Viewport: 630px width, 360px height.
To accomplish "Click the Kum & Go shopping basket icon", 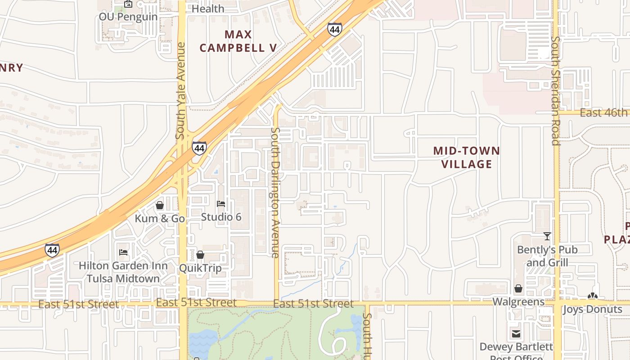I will [160, 206].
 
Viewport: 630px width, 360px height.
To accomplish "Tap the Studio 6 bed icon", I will [221, 204].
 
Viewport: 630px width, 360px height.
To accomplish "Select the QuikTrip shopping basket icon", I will [200, 255].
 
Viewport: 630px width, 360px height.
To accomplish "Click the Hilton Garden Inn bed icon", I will [123, 252].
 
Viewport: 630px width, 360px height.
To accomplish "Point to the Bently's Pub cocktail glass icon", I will [547, 236].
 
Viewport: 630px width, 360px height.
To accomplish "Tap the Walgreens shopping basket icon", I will [518, 288].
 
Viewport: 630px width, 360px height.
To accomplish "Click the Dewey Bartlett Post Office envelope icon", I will [516, 334].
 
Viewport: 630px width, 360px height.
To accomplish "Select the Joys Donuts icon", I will [593, 297].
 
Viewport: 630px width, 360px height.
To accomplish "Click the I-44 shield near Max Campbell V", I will [334, 30].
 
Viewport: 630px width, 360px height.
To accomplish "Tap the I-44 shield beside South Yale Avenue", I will [199, 148].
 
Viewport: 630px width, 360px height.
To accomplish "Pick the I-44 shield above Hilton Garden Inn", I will [52, 250].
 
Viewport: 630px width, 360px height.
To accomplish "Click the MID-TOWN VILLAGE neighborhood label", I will [467, 157].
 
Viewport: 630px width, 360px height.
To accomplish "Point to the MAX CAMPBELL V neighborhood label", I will [238, 41].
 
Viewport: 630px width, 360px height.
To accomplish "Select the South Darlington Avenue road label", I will [275, 192].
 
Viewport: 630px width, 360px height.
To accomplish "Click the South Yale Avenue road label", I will [180, 90].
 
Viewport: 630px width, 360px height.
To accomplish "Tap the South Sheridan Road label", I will [556, 90].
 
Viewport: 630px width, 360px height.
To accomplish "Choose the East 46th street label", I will [603, 112].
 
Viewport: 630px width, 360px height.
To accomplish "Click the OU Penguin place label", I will [128, 17].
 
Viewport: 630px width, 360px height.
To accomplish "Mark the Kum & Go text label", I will [160, 219].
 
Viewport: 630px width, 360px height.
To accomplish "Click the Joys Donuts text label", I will [593, 310].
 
